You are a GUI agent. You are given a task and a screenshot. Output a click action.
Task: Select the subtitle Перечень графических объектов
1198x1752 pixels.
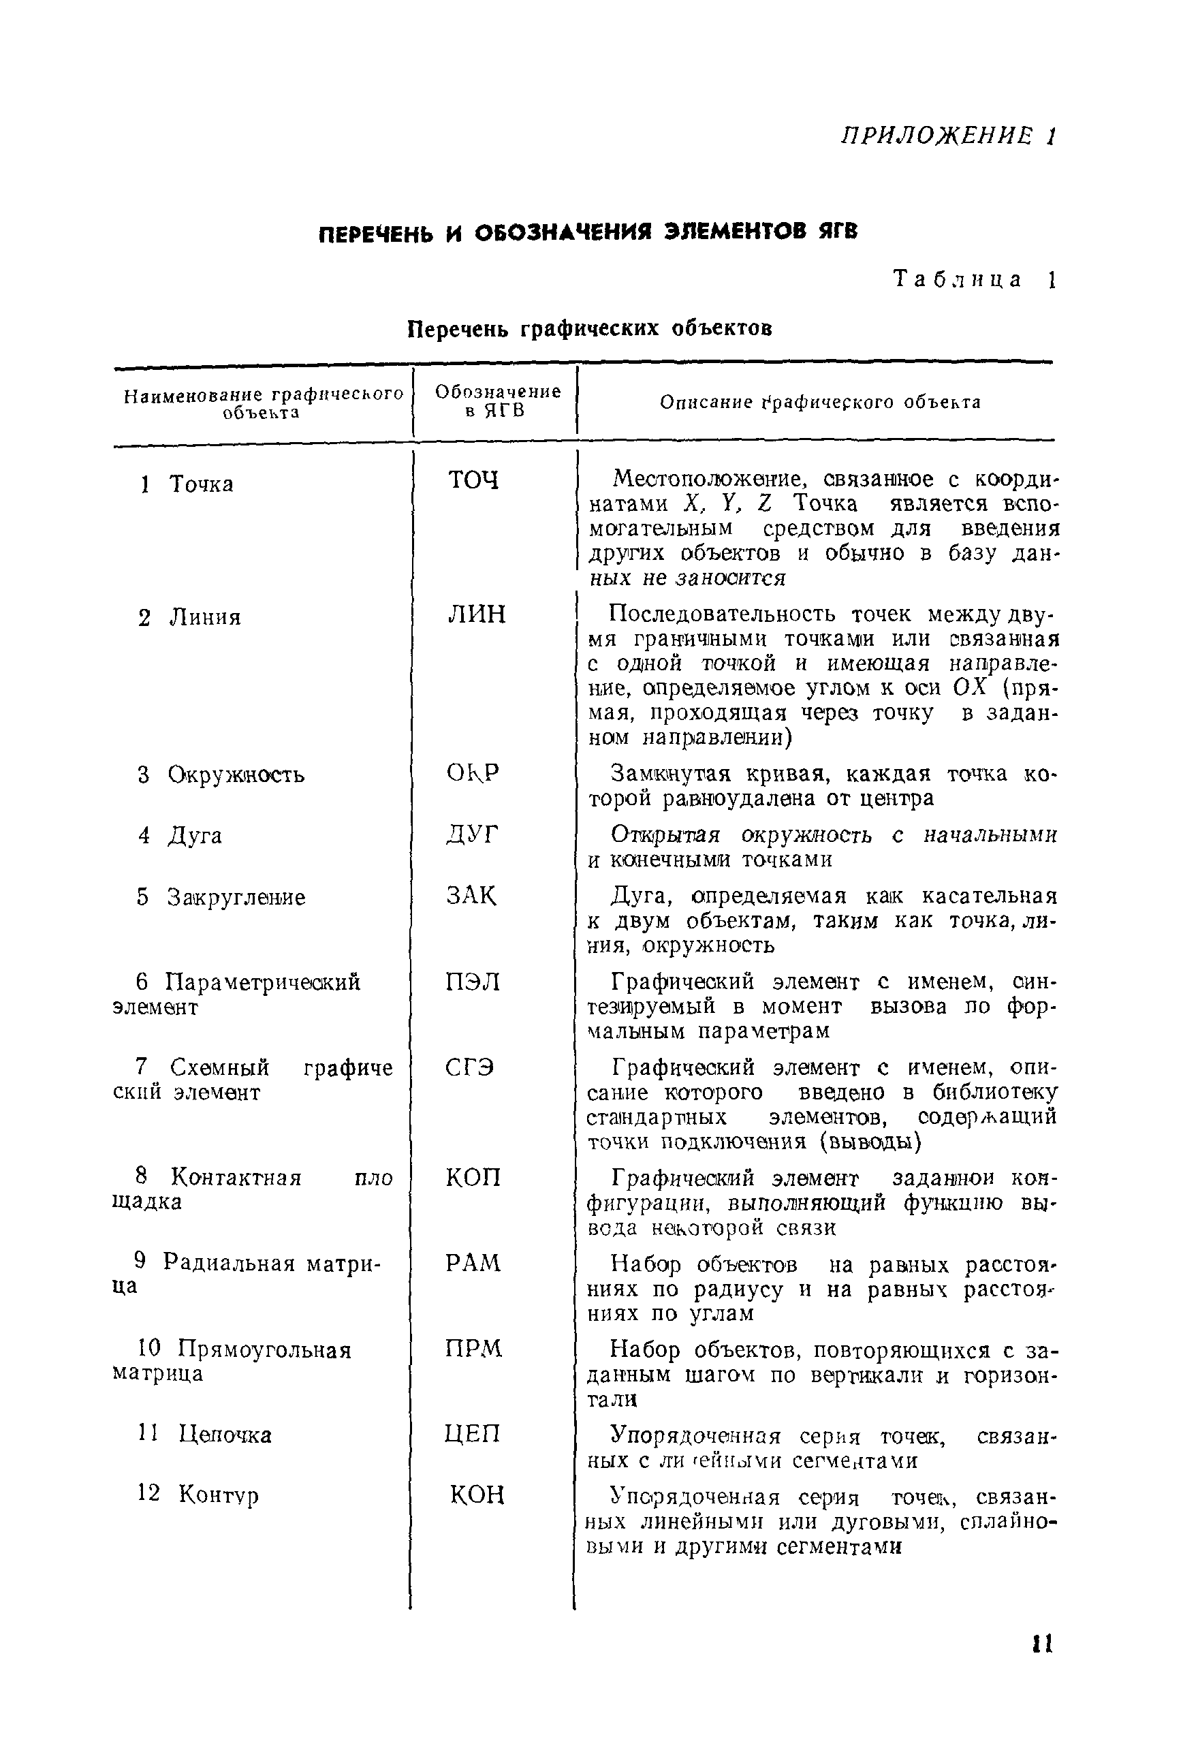click(590, 330)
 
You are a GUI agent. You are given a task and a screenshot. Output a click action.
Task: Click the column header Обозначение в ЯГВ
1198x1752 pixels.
click(498, 401)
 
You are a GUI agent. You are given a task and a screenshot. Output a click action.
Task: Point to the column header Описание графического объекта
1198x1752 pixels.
click(819, 403)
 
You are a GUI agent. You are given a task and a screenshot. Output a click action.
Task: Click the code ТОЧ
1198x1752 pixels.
click(473, 480)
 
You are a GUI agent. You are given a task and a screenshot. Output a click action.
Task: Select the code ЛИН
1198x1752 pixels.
click(477, 614)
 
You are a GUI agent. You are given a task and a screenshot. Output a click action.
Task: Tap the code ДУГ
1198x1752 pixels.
click(472, 834)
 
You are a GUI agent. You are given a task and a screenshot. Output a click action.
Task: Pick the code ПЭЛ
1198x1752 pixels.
click(473, 982)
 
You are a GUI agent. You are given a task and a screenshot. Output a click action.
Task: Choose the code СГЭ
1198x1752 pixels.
click(469, 1067)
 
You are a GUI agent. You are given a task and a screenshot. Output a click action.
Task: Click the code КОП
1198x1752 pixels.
click(473, 1178)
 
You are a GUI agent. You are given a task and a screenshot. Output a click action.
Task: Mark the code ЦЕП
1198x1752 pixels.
click(472, 1433)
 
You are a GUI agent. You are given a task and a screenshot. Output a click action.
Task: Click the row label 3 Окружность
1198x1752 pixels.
click(221, 775)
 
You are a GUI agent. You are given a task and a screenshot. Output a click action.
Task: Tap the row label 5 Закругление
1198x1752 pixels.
click(221, 897)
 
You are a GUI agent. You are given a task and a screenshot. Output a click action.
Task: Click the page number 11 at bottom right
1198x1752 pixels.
click(1041, 1644)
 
